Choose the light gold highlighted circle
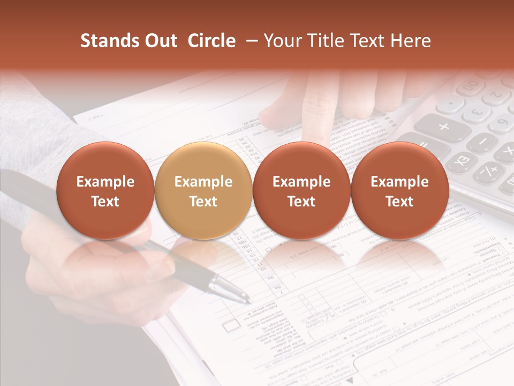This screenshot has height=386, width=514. point(203,191)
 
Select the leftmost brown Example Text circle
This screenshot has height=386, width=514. point(105,191)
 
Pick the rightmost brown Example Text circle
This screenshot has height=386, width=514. point(399,191)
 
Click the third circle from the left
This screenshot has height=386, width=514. point(301,191)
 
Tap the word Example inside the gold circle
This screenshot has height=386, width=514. point(203,182)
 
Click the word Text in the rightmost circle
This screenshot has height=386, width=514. point(399,202)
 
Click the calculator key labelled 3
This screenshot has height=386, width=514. point(475,114)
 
